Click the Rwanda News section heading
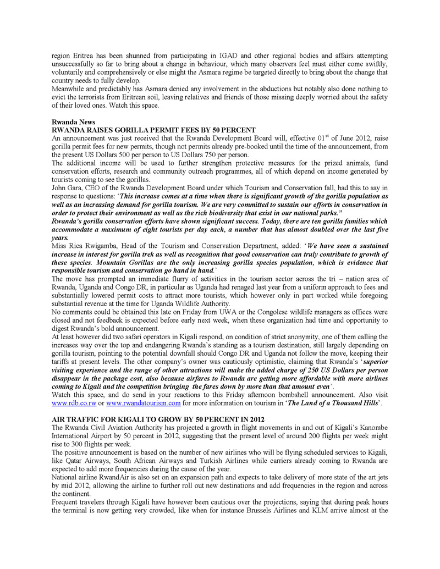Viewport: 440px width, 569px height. tap(73, 121)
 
